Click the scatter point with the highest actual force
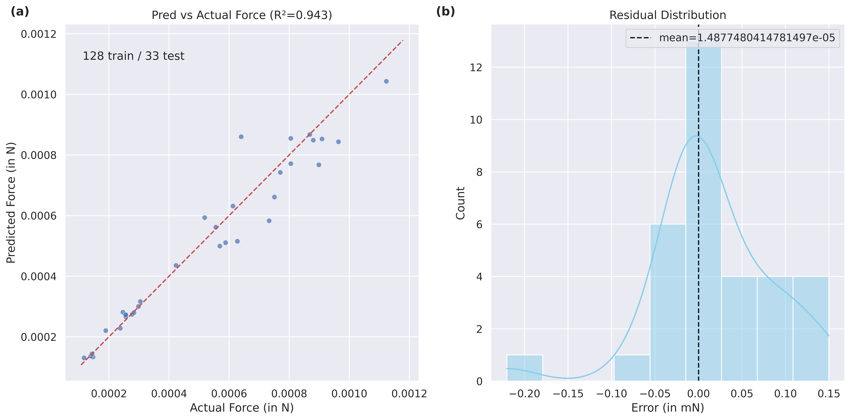(x=386, y=81)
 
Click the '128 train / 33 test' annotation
(x=133, y=56)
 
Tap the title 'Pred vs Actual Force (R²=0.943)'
(x=242, y=15)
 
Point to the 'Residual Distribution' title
(x=668, y=15)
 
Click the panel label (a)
(x=20, y=12)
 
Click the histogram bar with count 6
(x=668, y=303)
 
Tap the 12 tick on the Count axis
(x=476, y=67)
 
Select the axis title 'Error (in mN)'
(x=668, y=408)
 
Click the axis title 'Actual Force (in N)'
(x=242, y=408)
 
